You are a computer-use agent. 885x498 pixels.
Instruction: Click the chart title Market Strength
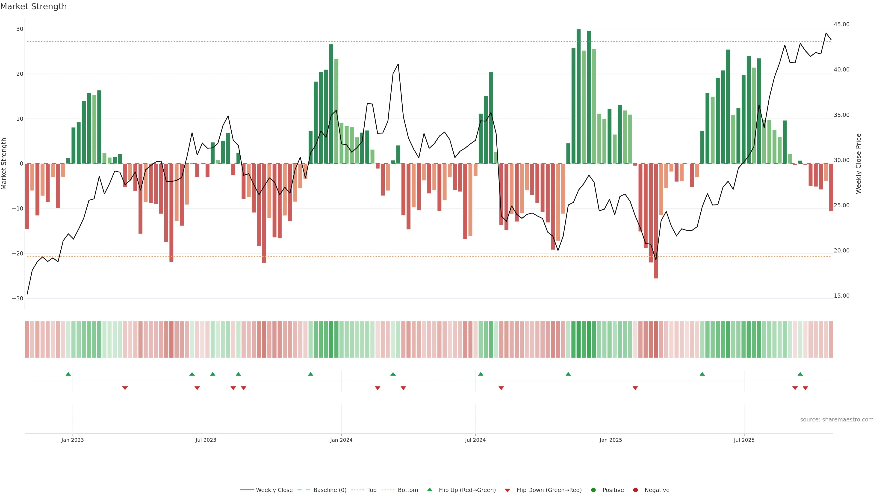pos(33,6)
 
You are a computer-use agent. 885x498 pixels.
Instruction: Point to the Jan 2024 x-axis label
pos(341,440)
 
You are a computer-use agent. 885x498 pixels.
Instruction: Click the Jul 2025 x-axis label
pos(744,440)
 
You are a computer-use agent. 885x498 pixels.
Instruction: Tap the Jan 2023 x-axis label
pos(73,440)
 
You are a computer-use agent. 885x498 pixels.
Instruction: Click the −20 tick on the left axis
pos(18,254)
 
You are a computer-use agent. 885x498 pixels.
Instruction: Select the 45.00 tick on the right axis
pos(841,24)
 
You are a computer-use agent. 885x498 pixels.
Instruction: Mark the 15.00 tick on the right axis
pos(841,296)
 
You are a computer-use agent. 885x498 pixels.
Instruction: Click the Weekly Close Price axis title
pos(858,164)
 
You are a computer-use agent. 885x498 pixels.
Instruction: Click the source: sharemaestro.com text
pos(837,420)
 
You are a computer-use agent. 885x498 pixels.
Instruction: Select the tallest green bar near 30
pos(578,96)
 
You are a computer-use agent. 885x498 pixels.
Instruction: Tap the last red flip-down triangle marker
pos(805,388)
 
